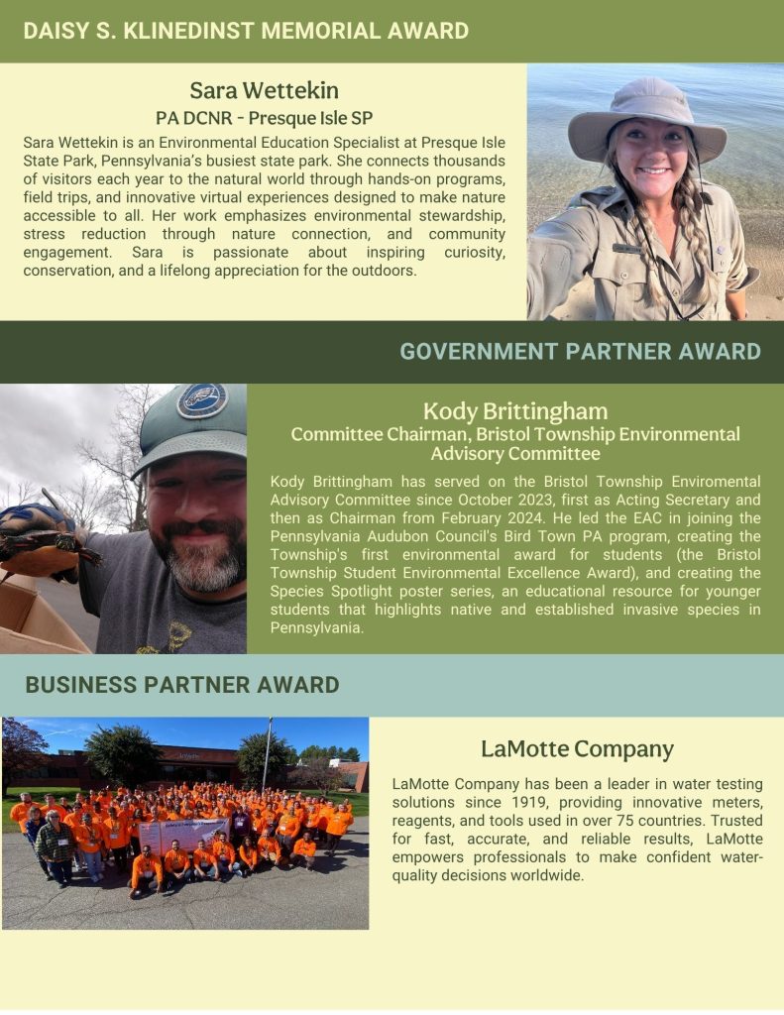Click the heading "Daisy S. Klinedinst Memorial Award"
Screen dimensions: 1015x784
246,31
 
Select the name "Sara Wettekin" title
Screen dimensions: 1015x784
264,91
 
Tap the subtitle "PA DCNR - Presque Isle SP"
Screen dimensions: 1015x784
264,118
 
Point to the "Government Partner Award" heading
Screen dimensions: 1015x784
580,351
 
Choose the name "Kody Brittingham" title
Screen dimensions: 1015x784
514,411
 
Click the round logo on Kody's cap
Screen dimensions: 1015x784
201,401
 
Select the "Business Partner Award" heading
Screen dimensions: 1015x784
182,685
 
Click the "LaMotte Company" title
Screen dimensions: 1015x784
577,749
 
